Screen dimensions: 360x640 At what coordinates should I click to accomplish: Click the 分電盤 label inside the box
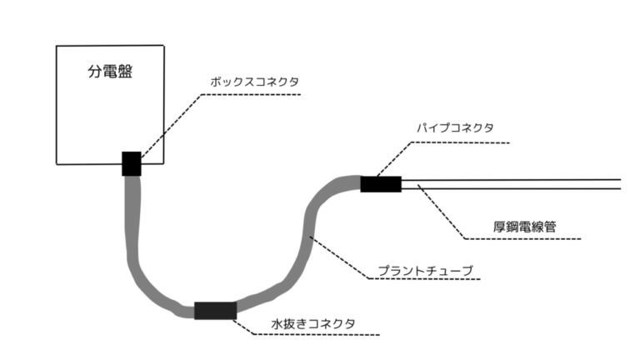coord(111,72)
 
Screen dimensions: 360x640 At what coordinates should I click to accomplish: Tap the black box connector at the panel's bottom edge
coord(132,164)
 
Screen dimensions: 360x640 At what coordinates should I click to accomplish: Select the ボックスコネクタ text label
coord(253,82)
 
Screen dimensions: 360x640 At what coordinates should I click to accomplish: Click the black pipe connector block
coord(381,183)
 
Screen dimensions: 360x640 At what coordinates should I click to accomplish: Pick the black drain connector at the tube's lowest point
coord(215,311)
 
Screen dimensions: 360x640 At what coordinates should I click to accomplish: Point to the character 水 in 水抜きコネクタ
coord(277,323)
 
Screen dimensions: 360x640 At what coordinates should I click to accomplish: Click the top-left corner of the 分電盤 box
coord(56,46)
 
